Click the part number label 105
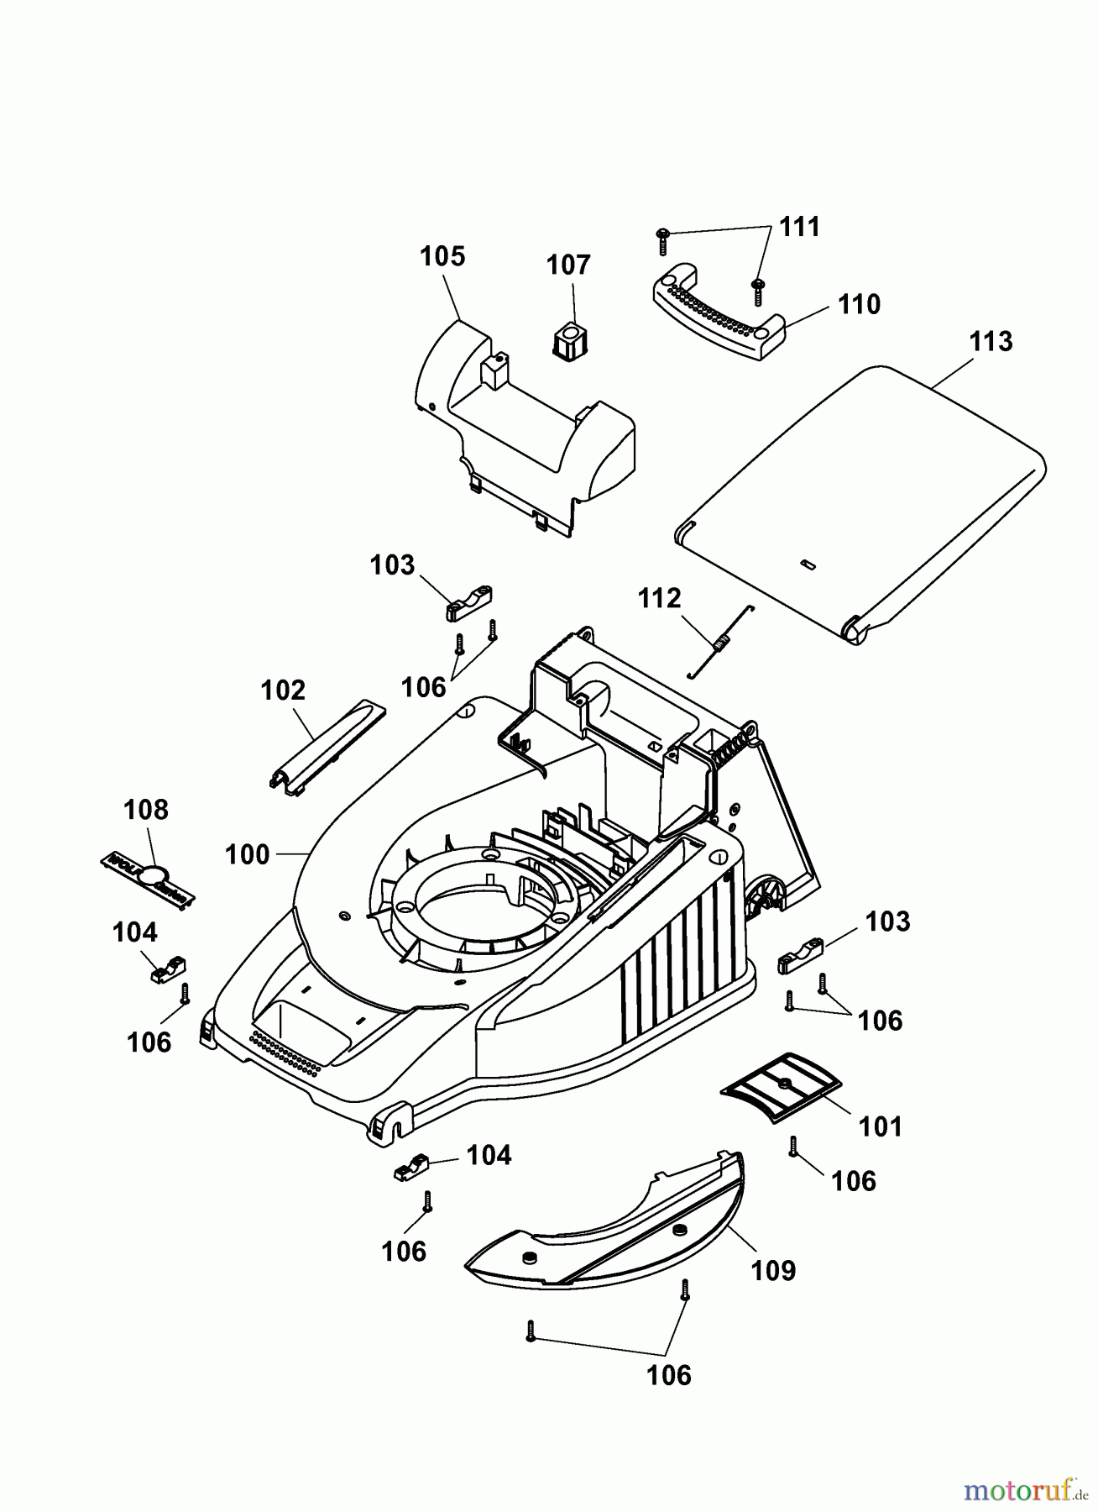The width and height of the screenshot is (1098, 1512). pyautogui.click(x=442, y=256)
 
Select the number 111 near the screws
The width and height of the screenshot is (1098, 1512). pyautogui.click(x=799, y=227)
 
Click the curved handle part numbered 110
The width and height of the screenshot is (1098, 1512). pyautogui.click(x=719, y=312)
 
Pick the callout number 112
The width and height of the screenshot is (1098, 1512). pyautogui.click(x=659, y=598)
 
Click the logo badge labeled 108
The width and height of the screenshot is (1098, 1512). pyautogui.click(x=148, y=878)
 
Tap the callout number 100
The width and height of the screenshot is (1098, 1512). pyautogui.click(x=247, y=854)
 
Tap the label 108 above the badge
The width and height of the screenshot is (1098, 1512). pyautogui.click(x=145, y=810)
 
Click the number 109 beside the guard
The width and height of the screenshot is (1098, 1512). pyautogui.click(x=772, y=1270)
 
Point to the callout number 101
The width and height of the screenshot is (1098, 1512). pyautogui.click(x=880, y=1126)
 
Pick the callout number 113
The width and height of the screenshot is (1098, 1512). pyautogui.click(x=991, y=342)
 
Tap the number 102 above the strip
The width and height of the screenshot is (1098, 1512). pyautogui.click(x=283, y=690)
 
